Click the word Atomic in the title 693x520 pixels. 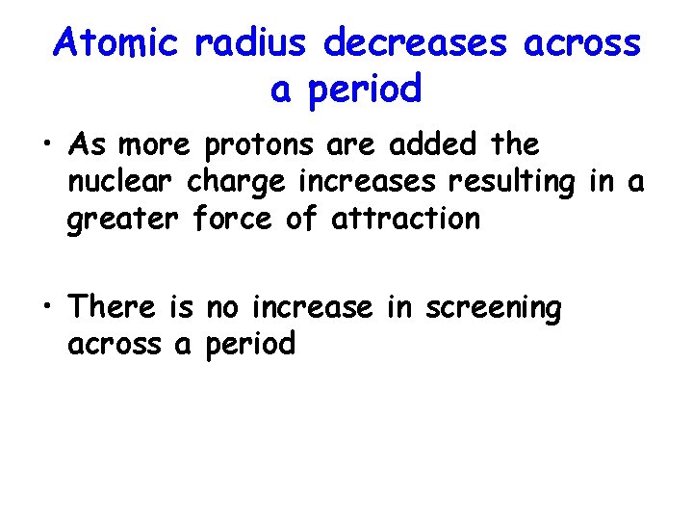[x=116, y=42]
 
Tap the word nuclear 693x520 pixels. [x=123, y=182]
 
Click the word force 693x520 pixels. [x=235, y=219]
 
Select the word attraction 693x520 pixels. [x=404, y=219]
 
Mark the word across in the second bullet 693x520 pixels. [x=114, y=345]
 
